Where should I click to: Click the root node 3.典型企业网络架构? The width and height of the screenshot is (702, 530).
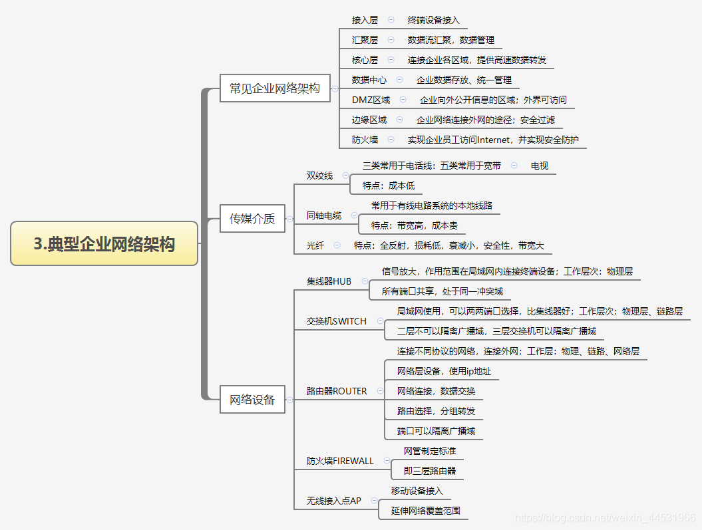pyautogui.click(x=104, y=244)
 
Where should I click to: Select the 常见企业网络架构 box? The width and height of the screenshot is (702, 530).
pyautogui.click(x=275, y=88)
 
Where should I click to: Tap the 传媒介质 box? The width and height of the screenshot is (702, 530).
pyautogui.click(x=252, y=218)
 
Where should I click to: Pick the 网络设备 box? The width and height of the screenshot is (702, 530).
pyautogui.click(x=252, y=400)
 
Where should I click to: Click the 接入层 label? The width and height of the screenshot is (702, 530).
pyautogui.click(x=365, y=20)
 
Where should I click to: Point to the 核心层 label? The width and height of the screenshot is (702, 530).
pyautogui.click(x=365, y=60)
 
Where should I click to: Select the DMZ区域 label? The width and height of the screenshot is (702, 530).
pyautogui.click(x=371, y=100)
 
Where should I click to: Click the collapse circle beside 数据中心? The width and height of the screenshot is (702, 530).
pyautogui.click(x=399, y=80)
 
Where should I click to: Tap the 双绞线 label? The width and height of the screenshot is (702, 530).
pyautogui.click(x=319, y=176)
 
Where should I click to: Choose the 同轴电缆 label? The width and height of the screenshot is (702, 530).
pyautogui.click(x=324, y=215)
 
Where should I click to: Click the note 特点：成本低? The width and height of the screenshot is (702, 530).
pyautogui.click(x=389, y=186)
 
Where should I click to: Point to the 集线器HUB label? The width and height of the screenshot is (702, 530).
pyautogui.click(x=329, y=281)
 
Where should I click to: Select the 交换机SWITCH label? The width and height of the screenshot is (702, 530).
pyautogui.click(x=337, y=321)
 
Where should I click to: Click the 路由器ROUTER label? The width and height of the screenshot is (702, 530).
pyautogui.click(x=337, y=391)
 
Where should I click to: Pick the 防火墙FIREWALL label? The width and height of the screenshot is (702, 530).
pyautogui.click(x=340, y=461)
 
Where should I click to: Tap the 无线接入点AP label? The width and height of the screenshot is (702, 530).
pyautogui.click(x=333, y=501)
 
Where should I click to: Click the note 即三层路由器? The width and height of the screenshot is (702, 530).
pyautogui.click(x=430, y=471)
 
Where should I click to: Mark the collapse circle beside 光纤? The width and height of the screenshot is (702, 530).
pyautogui.click(x=337, y=245)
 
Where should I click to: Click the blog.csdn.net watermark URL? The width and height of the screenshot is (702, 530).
pyautogui.click(x=606, y=517)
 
